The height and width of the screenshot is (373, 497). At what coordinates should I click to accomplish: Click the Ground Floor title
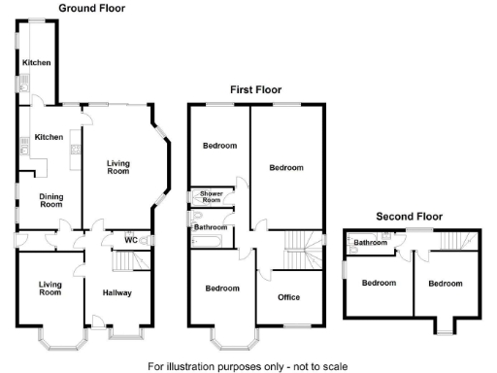click(x=91, y=8)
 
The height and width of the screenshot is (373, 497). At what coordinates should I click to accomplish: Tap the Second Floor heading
click(x=409, y=217)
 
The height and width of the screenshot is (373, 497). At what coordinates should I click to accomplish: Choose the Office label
click(x=289, y=297)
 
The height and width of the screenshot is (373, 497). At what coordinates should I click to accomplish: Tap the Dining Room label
click(x=50, y=200)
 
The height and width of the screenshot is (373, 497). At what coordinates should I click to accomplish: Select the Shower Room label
click(x=212, y=196)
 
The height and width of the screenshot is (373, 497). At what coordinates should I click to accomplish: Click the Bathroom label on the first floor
click(x=211, y=227)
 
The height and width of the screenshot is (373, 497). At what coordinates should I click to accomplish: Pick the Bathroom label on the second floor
click(x=370, y=242)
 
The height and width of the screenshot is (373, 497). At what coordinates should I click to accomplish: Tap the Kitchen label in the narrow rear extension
click(x=37, y=62)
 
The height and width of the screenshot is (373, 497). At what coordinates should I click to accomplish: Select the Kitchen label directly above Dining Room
click(x=49, y=138)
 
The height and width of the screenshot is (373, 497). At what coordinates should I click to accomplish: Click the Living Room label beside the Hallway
click(x=50, y=288)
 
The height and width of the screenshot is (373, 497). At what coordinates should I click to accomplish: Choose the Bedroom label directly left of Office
click(x=222, y=288)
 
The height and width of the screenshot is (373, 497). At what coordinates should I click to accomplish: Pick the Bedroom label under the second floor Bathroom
click(x=379, y=283)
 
